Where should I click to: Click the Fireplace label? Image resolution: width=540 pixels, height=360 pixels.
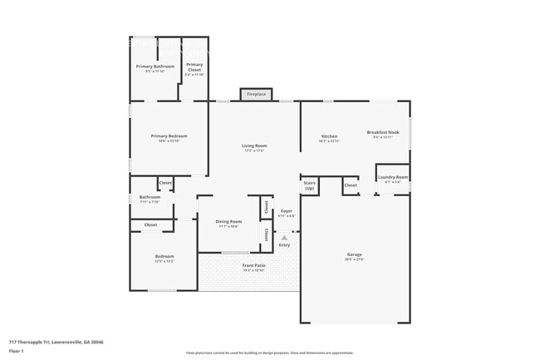point(256,95)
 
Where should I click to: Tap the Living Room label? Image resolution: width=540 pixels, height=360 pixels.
point(254,145)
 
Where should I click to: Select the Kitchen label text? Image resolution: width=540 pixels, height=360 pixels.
point(330,136)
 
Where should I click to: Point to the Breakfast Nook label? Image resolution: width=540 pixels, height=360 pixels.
point(384,132)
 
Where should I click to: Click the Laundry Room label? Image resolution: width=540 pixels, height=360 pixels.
point(392,176)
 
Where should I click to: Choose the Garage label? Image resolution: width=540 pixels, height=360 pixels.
point(355,254)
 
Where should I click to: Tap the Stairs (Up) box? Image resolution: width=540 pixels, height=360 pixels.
point(310,184)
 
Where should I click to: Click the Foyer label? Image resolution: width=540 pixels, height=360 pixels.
point(286,211)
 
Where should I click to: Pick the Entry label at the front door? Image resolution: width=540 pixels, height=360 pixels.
point(284,244)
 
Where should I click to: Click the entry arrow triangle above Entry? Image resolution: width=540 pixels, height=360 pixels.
point(284,237)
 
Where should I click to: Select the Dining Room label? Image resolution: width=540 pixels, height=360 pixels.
point(228,221)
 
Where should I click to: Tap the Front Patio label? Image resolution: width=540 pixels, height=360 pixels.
point(253,266)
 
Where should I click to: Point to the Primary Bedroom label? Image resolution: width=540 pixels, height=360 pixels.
point(169,136)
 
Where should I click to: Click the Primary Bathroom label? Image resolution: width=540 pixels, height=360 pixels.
point(155,66)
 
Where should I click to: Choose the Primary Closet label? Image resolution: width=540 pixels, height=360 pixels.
point(194,66)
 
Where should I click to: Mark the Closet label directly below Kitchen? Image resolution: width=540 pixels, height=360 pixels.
point(351,185)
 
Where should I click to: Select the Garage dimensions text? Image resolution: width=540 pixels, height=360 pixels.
point(355,259)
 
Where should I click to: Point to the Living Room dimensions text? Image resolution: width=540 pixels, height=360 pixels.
point(254,150)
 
